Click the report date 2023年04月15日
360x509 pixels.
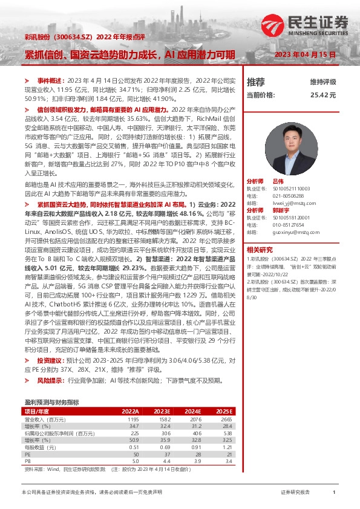pyautogui.click(x=305, y=55)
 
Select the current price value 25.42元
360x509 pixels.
pyautogui.click(x=322, y=95)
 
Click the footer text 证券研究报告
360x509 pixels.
pyautogui.click(x=295, y=493)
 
